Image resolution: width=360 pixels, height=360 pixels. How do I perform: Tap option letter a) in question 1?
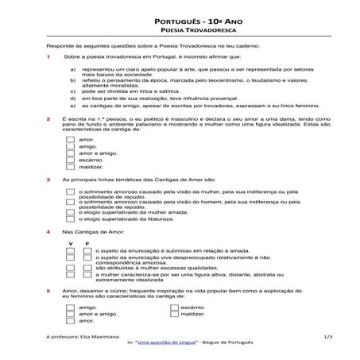coord(73,70)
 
